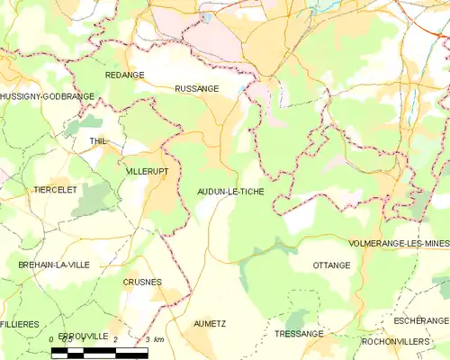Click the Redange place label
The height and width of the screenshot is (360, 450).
124,76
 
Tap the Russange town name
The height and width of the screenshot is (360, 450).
196,89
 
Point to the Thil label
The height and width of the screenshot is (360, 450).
98,142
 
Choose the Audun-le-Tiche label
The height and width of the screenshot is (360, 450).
230,192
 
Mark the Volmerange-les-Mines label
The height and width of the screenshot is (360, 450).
399,244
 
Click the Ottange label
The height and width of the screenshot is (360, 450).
331,265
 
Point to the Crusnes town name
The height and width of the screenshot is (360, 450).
142,282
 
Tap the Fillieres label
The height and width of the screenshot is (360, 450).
20,323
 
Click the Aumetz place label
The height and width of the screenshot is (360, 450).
210,323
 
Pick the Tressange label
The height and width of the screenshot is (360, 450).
299,334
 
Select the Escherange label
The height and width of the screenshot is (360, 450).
420,320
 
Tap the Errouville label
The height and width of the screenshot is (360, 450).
84,336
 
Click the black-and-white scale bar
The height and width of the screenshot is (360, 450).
99,352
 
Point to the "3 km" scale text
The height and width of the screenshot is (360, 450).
153,339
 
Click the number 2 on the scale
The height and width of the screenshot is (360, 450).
116,339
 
